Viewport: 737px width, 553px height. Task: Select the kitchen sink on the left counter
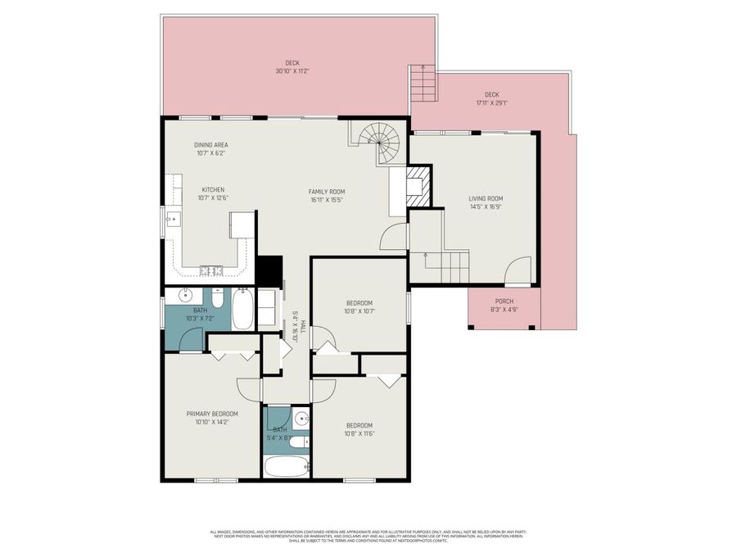click(173, 219)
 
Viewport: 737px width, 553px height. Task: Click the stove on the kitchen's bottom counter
click(209, 270)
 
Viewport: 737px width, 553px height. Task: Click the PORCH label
click(504, 301)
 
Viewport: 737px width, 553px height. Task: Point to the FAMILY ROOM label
click(325, 192)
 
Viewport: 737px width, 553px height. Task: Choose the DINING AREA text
click(210, 145)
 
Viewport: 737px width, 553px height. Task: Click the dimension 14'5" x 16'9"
click(486, 206)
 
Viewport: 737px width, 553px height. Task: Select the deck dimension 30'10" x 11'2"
click(292, 71)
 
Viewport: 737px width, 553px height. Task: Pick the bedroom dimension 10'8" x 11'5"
click(359, 433)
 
